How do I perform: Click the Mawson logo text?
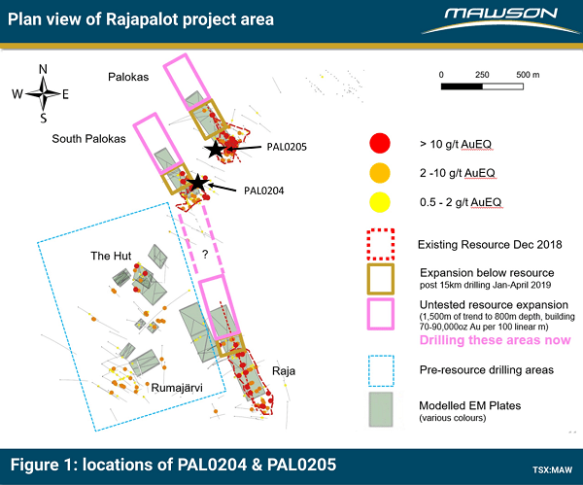pos(500,15)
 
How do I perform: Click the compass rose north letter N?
pos(43,69)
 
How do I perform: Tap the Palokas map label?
pos(128,77)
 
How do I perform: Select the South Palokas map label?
pos(88,139)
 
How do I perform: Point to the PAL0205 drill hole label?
pos(287,147)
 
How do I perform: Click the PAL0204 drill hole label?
pos(264,191)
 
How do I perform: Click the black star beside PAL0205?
pos(215,149)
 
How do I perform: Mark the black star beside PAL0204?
pos(197,183)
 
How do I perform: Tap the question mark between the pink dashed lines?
pos(205,255)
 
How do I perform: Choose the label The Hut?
pos(111,256)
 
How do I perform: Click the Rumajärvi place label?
pos(177,388)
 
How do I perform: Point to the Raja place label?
pos(284,371)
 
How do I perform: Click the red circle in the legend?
pos(380,143)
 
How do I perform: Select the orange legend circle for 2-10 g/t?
pos(380,173)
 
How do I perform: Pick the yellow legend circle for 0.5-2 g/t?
pos(380,203)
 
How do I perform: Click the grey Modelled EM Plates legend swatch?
pos(381,409)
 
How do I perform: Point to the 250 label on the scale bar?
pos(482,75)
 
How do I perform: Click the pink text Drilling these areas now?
pos(495,340)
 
